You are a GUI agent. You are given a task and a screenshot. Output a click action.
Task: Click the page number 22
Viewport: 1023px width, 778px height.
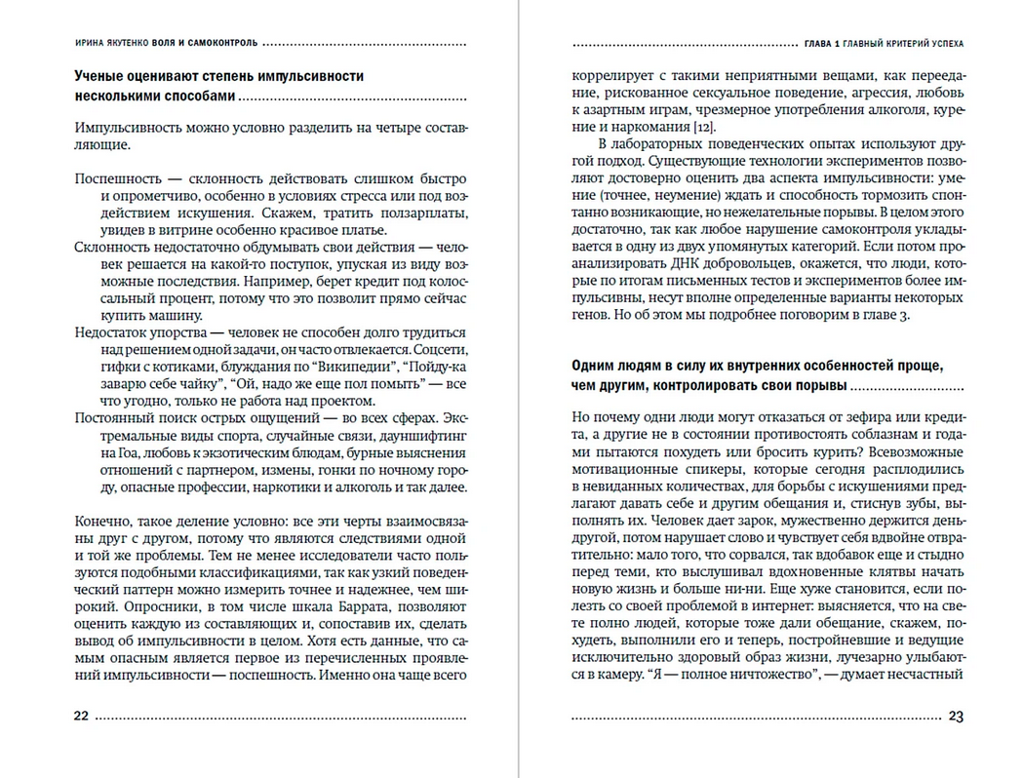pyautogui.click(x=82, y=716)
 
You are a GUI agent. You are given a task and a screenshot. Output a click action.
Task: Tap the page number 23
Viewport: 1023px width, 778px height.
pyautogui.click(x=956, y=716)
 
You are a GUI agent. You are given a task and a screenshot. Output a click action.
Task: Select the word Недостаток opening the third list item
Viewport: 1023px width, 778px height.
pyautogui.click(x=112, y=332)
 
